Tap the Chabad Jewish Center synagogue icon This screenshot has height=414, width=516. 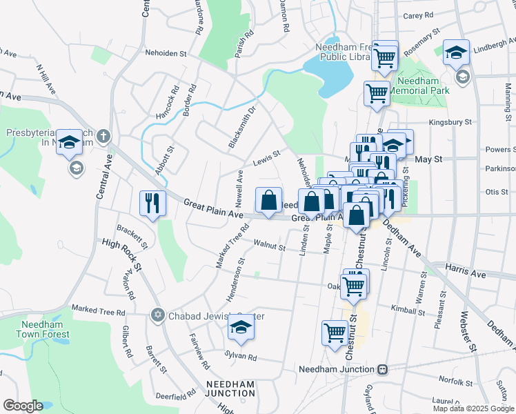pos(157,315)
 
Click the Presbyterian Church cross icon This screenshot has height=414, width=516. pos(103,136)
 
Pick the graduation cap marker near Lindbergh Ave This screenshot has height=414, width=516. pos(456,52)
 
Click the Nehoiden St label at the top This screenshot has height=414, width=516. pos(166,52)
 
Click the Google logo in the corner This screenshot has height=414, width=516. pos(23,406)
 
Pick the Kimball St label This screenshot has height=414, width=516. pos(407,312)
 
